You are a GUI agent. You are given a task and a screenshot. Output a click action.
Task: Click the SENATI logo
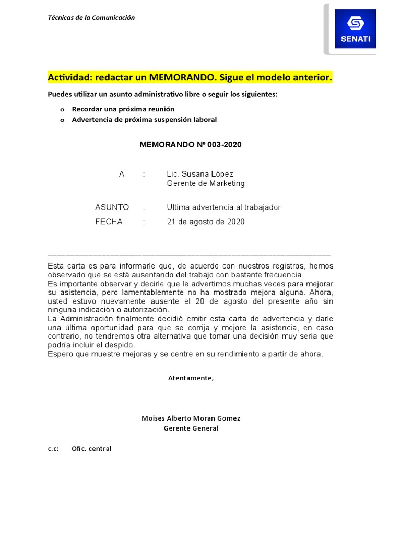[355, 29]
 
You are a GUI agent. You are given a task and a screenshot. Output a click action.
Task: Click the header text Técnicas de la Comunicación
[91, 17]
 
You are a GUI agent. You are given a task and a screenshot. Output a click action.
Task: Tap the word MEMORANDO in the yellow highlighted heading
[179, 78]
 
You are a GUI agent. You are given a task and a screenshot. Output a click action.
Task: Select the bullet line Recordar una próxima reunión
[123, 109]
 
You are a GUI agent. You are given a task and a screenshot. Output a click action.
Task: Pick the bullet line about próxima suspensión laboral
[144, 119]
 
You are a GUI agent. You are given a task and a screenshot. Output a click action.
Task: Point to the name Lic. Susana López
[200, 173]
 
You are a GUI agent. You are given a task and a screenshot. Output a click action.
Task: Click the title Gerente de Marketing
[205, 183]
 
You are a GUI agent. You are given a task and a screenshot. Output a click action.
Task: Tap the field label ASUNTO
[112, 207]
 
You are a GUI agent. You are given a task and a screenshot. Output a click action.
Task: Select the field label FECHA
[109, 222]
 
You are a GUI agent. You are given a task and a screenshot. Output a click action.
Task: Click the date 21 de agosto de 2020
[205, 222]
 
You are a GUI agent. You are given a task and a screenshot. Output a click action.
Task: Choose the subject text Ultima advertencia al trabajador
[223, 207]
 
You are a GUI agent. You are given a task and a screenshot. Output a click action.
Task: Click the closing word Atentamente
[191, 378]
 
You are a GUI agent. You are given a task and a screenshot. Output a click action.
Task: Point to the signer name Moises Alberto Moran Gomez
[191, 418]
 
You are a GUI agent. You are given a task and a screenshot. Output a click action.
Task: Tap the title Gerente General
[191, 428]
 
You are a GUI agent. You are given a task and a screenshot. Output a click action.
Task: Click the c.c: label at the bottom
[53, 448]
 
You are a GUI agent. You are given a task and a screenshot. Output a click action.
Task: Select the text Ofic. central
[91, 448]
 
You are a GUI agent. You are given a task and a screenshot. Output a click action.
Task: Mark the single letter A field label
[122, 173]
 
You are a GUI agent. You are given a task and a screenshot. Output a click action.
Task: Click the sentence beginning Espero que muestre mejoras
[185, 354]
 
